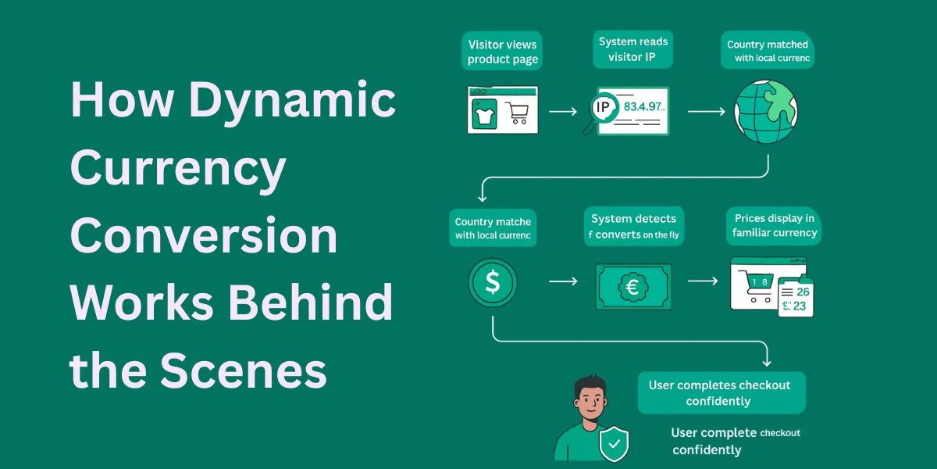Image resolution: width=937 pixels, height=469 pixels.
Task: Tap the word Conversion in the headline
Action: click(x=204, y=236)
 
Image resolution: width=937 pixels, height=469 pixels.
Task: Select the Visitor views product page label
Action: click(x=503, y=52)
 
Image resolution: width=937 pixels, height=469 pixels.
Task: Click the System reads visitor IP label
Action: click(x=633, y=48)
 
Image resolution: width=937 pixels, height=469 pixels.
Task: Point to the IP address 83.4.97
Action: click(x=643, y=107)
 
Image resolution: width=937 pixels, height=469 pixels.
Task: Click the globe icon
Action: click(x=765, y=112)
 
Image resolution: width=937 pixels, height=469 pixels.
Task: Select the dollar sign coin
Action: click(x=492, y=283)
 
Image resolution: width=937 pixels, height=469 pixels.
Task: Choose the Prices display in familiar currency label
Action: click(x=774, y=225)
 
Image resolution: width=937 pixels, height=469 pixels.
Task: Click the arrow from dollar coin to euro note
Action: click(x=562, y=280)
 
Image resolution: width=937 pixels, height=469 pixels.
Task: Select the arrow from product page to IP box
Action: click(x=563, y=112)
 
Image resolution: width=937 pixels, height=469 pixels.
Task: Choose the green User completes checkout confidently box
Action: click(x=721, y=393)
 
